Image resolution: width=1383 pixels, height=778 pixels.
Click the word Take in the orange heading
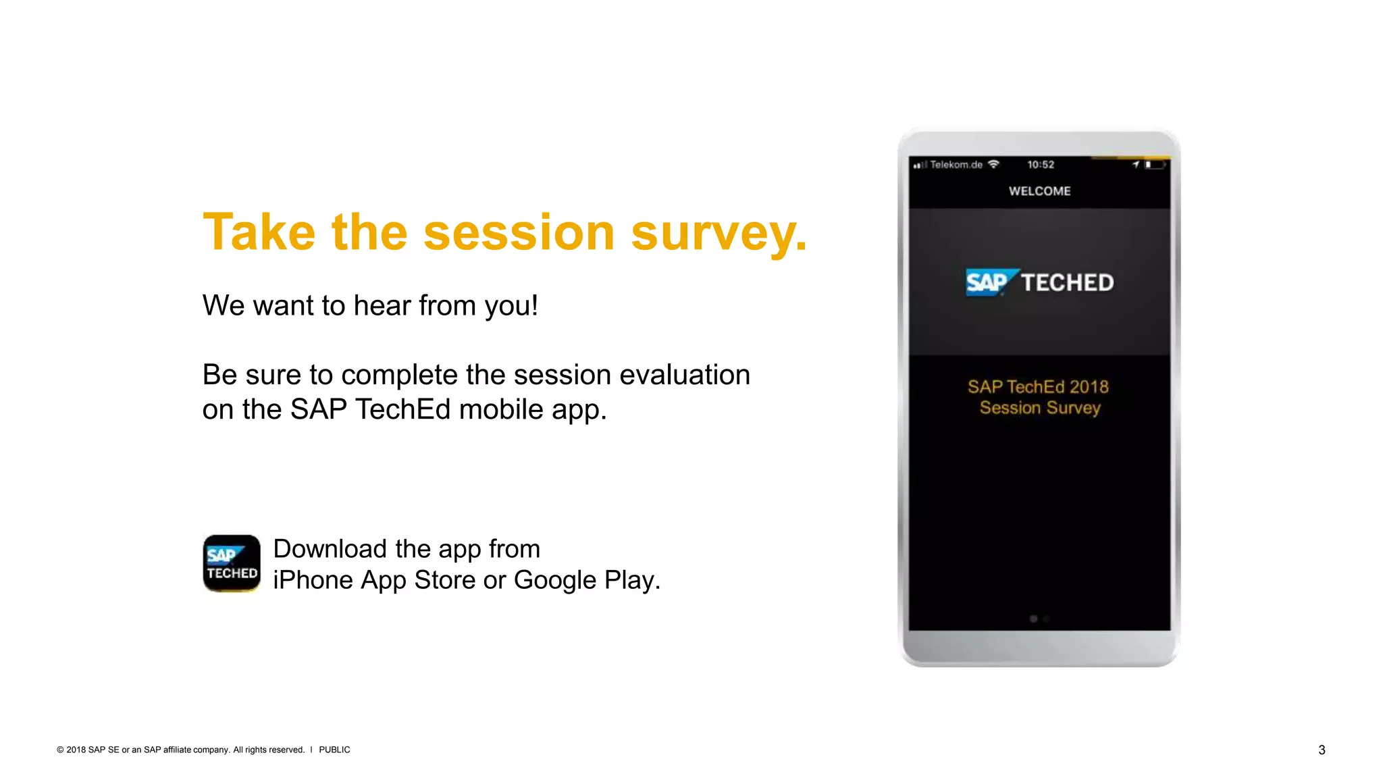pos(259,232)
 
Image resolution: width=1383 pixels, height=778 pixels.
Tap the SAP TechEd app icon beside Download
pos(232,563)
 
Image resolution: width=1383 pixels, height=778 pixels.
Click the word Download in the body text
pos(330,549)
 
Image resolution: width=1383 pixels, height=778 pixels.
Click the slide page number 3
pos(1322,750)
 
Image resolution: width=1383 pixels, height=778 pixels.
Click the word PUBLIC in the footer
pos(334,750)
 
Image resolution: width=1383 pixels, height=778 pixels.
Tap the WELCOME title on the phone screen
pos(1039,191)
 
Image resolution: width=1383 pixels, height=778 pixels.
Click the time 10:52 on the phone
pos(1040,165)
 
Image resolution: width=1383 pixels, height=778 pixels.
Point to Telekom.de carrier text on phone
pos(956,165)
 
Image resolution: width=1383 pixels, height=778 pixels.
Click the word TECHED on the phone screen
pos(1067,282)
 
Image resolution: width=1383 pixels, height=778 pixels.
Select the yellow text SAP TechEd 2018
pos(1038,387)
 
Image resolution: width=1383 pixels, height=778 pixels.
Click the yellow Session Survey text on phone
pos(1040,408)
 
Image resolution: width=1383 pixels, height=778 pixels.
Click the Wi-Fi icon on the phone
pos(993,164)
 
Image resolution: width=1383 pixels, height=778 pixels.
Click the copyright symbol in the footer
pos(60,750)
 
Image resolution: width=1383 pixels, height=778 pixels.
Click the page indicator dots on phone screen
pos(1039,619)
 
